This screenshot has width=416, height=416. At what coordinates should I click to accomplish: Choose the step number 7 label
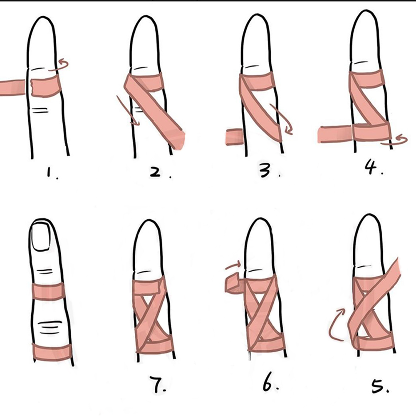click(158, 386)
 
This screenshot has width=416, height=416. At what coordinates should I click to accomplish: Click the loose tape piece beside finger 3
click(233, 137)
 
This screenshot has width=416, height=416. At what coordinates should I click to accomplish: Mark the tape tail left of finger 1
click(12, 87)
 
